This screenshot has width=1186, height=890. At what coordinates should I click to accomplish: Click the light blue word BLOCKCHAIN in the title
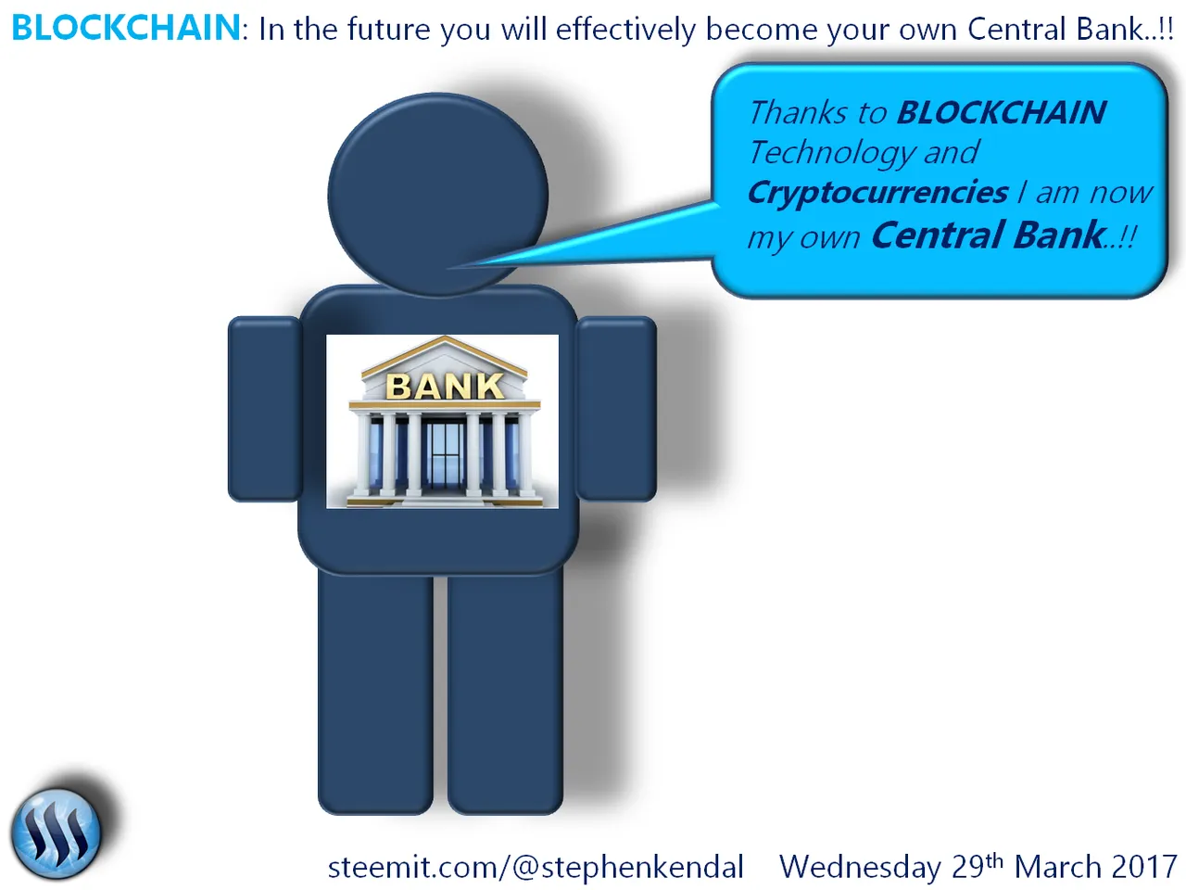point(126,28)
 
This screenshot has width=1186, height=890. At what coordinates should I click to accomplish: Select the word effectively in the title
point(625,29)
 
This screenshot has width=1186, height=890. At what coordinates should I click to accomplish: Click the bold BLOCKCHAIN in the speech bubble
point(1002,112)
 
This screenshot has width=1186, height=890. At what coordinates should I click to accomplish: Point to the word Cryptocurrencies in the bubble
point(877,193)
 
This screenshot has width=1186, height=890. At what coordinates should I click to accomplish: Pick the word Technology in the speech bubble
point(833,153)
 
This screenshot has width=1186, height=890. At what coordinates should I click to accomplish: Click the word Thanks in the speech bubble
point(798,112)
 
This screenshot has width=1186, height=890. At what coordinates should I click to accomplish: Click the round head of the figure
point(438,195)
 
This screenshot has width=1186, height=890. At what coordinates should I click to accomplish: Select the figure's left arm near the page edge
point(264,409)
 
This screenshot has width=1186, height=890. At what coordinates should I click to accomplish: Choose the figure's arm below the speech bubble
point(616,409)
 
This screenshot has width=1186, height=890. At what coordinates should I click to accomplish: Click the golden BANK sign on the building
point(445,386)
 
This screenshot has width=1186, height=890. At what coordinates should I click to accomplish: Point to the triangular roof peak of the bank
point(445,338)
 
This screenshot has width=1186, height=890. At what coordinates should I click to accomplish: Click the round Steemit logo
point(57,833)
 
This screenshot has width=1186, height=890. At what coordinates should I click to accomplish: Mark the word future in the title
point(389,29)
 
